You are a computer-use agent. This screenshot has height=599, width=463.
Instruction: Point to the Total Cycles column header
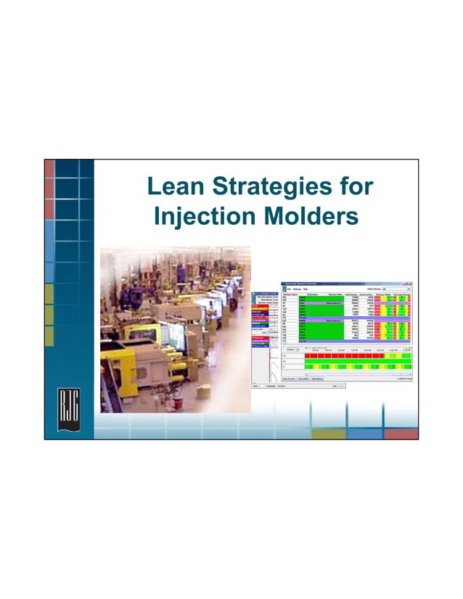[x=353, y=294]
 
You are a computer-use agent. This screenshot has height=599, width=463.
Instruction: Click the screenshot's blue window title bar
[x=341, y=282]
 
